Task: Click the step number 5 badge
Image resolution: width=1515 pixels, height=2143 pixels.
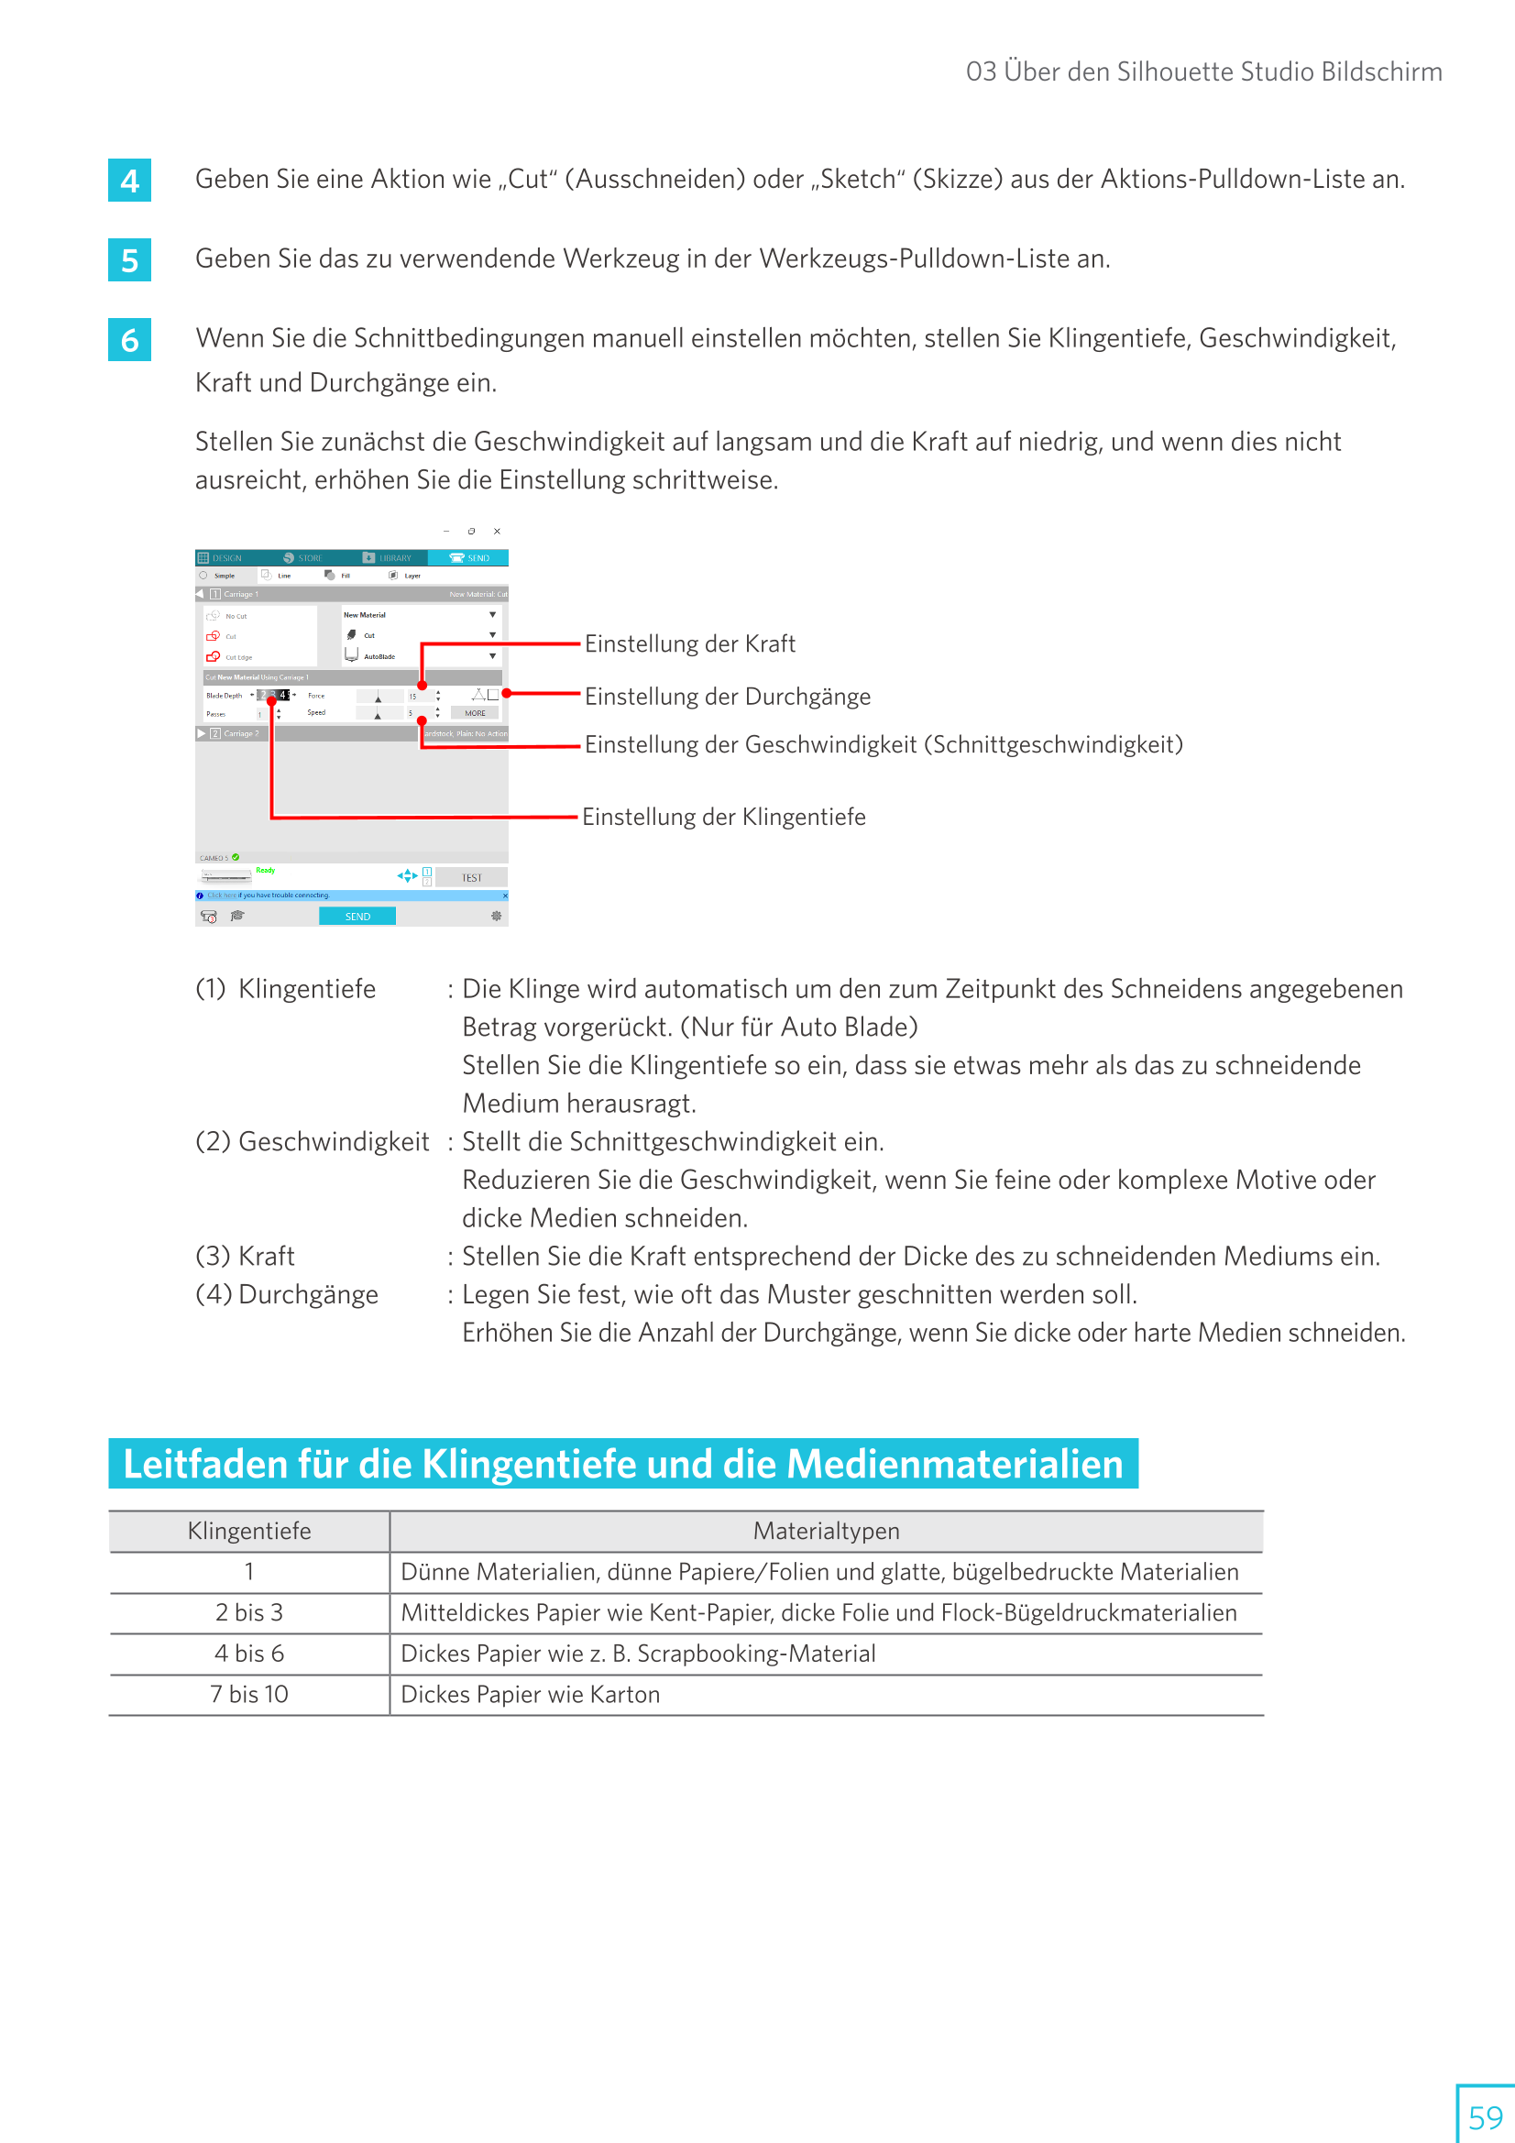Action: [130, 260]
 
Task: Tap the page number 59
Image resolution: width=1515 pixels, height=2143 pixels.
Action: [1484, 2116]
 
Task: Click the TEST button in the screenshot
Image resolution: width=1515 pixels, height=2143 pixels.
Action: [471, 877]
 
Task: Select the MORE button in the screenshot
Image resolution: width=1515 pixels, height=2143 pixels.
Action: [475, 713]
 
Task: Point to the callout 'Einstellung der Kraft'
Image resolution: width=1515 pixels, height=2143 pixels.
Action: [690, 644]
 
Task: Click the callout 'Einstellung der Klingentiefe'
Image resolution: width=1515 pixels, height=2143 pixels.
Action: [723, 818]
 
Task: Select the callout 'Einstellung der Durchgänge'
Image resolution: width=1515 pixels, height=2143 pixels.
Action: [727, 698]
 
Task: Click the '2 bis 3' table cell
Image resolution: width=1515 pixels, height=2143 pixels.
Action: [249, 1613]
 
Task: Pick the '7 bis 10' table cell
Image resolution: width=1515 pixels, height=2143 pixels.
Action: [249, 1694]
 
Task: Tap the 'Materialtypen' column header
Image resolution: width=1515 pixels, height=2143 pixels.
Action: [826, 1531]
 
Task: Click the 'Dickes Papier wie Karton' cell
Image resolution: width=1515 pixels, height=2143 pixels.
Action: [530, 1694]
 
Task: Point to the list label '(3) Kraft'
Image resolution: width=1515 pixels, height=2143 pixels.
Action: [246, 1257]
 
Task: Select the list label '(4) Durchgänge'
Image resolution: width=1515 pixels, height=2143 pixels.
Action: [288, 1294]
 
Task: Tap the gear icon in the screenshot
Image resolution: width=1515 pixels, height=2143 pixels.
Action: [497, 917]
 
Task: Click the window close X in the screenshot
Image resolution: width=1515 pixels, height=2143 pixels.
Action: [497, 531]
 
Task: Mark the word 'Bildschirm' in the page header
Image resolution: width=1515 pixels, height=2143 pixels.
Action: [1381, 71]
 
